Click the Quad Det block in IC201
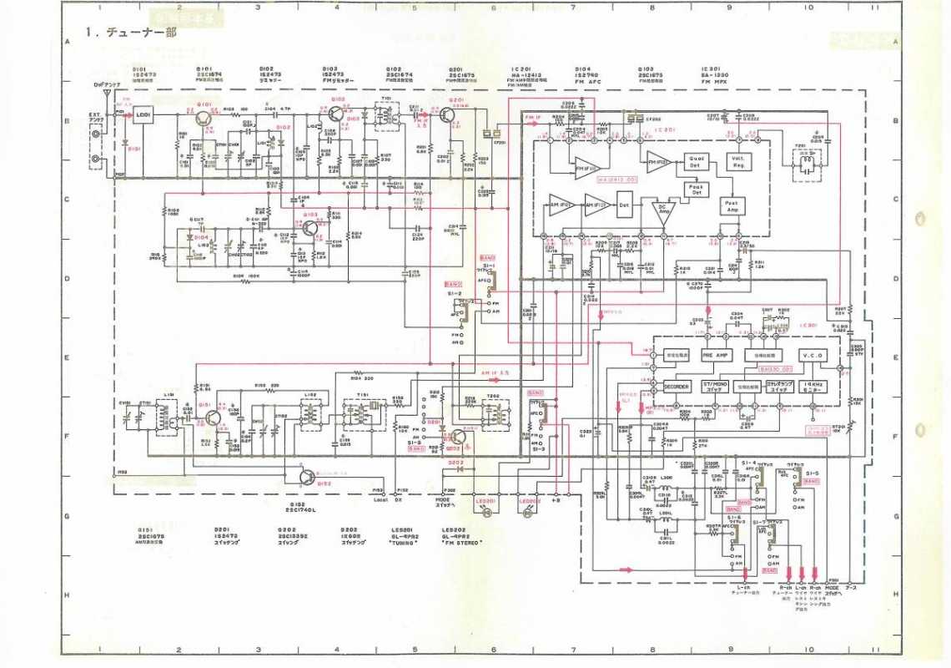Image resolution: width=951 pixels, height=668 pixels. click(x=697, y=162)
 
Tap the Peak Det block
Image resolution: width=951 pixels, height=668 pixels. click(x=697, y=190)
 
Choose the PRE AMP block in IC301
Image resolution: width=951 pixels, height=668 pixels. click(x=715, y=356)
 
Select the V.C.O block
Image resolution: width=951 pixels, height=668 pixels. click(x=812, y=356)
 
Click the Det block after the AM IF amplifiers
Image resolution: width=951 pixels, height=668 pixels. click(x=624, y=205)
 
